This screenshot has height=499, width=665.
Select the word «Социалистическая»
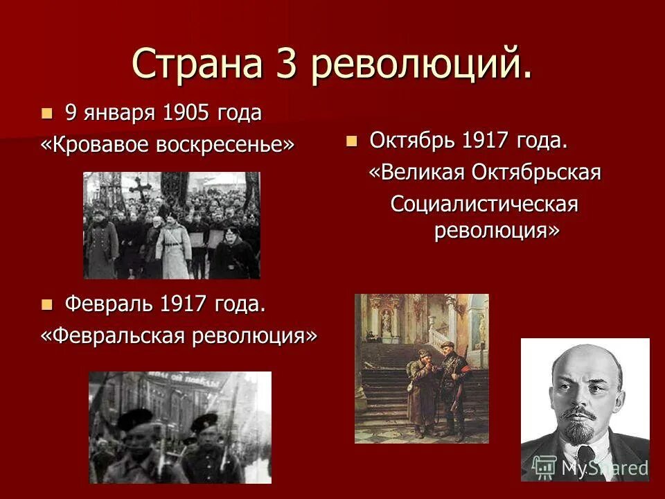[484, 204]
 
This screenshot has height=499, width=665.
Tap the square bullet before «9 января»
[47, 114]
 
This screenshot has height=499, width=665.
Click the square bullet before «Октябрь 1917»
[352, 141]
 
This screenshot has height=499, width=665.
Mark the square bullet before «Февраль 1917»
[47, 304]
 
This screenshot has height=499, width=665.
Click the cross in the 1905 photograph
[139, 189]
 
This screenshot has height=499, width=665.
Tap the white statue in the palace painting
[387, 322]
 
